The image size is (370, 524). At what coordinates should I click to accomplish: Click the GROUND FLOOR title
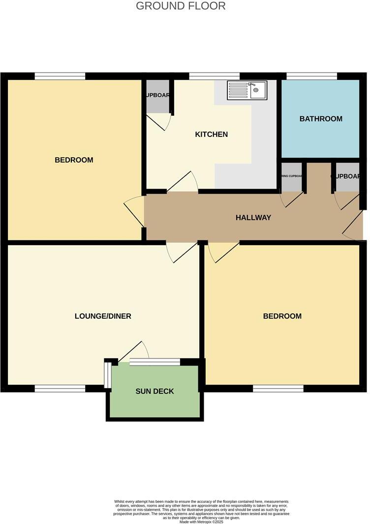181,6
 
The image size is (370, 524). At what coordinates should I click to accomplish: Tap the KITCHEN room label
211,134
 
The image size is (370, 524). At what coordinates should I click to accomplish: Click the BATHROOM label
321,119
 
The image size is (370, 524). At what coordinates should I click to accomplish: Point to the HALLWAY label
253,217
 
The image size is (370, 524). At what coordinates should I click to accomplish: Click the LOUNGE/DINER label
103,316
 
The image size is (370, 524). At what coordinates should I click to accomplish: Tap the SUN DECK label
155,392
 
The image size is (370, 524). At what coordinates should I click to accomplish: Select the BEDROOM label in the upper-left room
74,160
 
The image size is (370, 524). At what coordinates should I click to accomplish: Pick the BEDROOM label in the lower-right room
282,316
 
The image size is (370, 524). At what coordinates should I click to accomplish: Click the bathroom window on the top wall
312,76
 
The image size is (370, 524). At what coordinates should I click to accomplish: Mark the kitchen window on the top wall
214,76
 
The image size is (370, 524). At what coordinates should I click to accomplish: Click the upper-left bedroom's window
60,76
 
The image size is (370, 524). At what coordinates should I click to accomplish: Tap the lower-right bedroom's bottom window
278,389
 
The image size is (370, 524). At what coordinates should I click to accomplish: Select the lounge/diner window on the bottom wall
60,389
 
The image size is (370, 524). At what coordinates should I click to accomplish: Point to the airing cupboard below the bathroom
291,176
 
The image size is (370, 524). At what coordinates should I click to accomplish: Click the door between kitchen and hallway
182,182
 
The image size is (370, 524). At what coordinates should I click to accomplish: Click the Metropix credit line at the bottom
201,522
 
